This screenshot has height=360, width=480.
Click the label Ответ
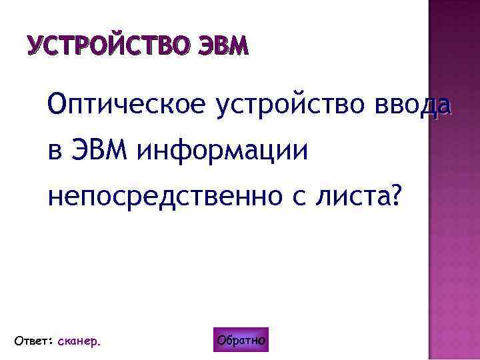point(29,341)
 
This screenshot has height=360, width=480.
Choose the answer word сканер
point(78,341)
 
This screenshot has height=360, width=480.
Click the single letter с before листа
point(304,197)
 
